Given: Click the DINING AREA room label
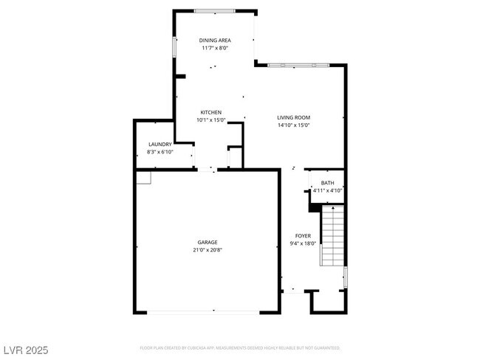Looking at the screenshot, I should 215,40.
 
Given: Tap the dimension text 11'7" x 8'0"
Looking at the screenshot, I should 215,48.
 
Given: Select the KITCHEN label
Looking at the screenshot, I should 210,112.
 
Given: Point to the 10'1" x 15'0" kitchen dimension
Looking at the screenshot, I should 210,120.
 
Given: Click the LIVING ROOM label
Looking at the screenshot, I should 292,117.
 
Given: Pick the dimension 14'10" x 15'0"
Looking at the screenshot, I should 292,125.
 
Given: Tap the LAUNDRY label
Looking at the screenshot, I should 160,144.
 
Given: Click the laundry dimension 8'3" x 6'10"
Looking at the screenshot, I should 160,152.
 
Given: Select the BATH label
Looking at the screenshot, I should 327,182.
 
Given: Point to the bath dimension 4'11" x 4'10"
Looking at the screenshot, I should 327,190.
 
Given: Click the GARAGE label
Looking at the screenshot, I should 207,242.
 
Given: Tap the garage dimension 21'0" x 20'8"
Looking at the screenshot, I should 207,250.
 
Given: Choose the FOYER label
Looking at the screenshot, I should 302,235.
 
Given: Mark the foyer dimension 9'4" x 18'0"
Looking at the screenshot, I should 302,243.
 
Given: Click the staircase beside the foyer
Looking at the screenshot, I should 333,236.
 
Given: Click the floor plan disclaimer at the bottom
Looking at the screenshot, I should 240,347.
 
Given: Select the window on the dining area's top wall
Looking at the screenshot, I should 215,11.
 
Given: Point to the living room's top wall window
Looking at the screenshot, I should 298,65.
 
